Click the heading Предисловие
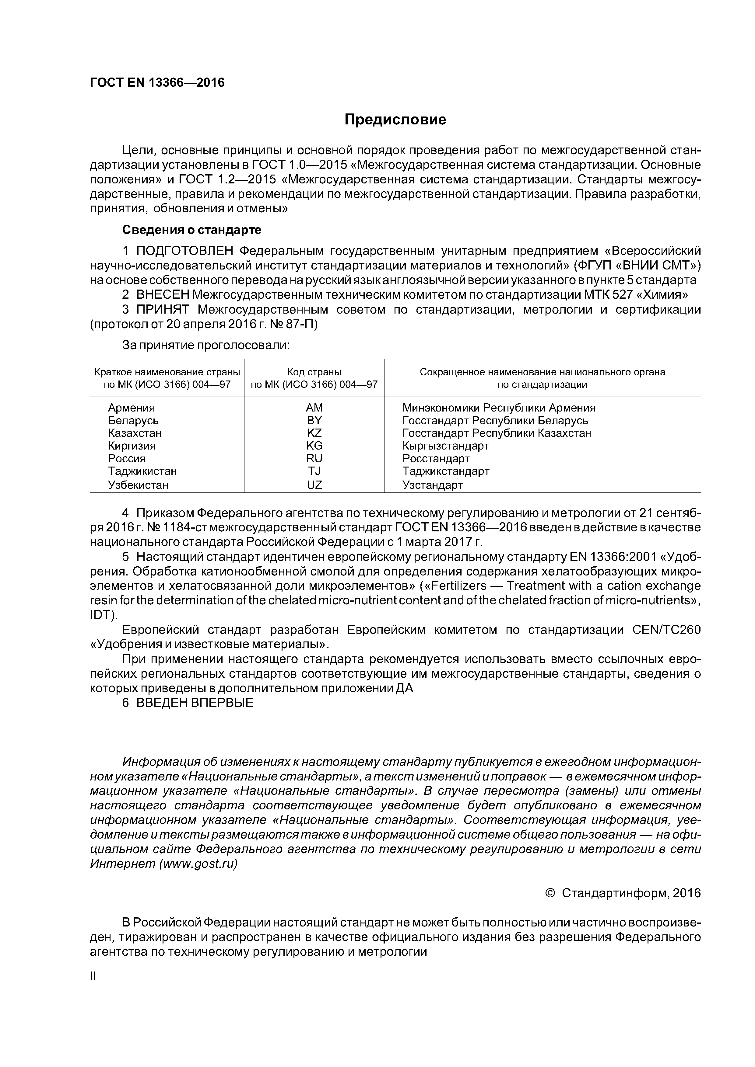395,120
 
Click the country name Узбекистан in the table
138,485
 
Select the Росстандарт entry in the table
436,459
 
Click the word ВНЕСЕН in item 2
163,295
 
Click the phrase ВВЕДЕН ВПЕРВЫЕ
195,703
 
